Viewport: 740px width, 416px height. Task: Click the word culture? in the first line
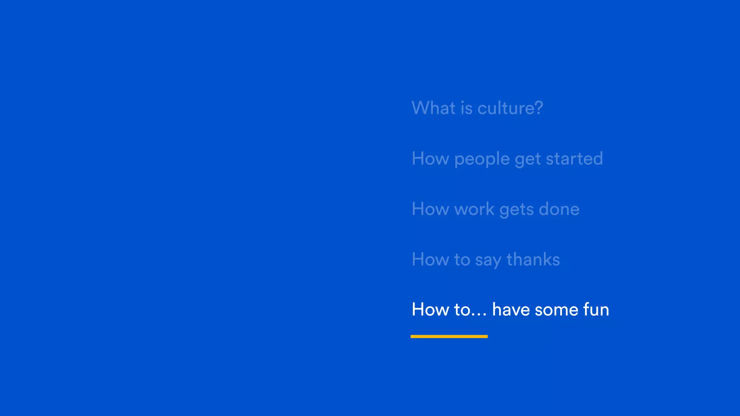pos(510,108)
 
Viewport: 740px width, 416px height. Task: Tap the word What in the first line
pos(434,108)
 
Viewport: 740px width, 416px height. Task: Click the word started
pos(574,159)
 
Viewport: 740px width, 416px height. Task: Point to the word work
pos(474,209)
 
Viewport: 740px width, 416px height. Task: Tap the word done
pos(559,209)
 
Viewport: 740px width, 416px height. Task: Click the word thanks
pos(533,259)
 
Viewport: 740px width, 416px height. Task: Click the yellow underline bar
pos(449,336)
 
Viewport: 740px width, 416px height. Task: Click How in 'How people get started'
pos(430,159)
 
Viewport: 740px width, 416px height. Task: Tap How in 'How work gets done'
pos(430,209)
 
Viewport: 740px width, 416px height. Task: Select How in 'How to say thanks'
pos(430,259)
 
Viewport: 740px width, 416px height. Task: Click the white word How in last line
pos(430,309)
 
